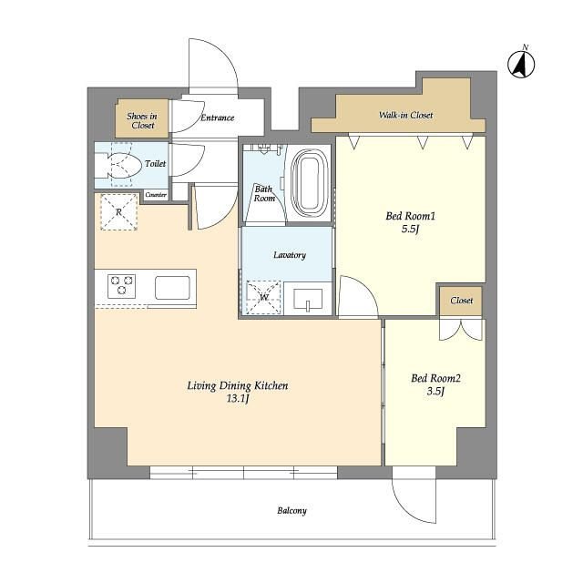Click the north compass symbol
click(x=521, y=64)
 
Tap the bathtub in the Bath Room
click(x=310, y=183)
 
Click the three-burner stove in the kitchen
click(x=121, y=286)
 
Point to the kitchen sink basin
click(x=172, y=288)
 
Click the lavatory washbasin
click(x=308, y=300)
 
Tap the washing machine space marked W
click(x=263, y=297)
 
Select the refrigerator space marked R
click(x=119, y=212)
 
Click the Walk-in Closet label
click(x=405, y=115)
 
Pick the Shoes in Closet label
click(x=142, y=120)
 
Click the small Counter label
click(x=156, y=194)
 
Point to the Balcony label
click(x=291, y=510)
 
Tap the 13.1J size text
click(x=238, y=399)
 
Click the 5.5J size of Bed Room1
click(x=410, y=229)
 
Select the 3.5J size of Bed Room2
click(x=435, y=391)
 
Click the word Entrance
click(x=218, y=118)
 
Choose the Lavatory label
click(x=290, y=255)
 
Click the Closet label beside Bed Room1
click(x=462, y=301)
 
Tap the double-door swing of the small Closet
click(x=461, y=330)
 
